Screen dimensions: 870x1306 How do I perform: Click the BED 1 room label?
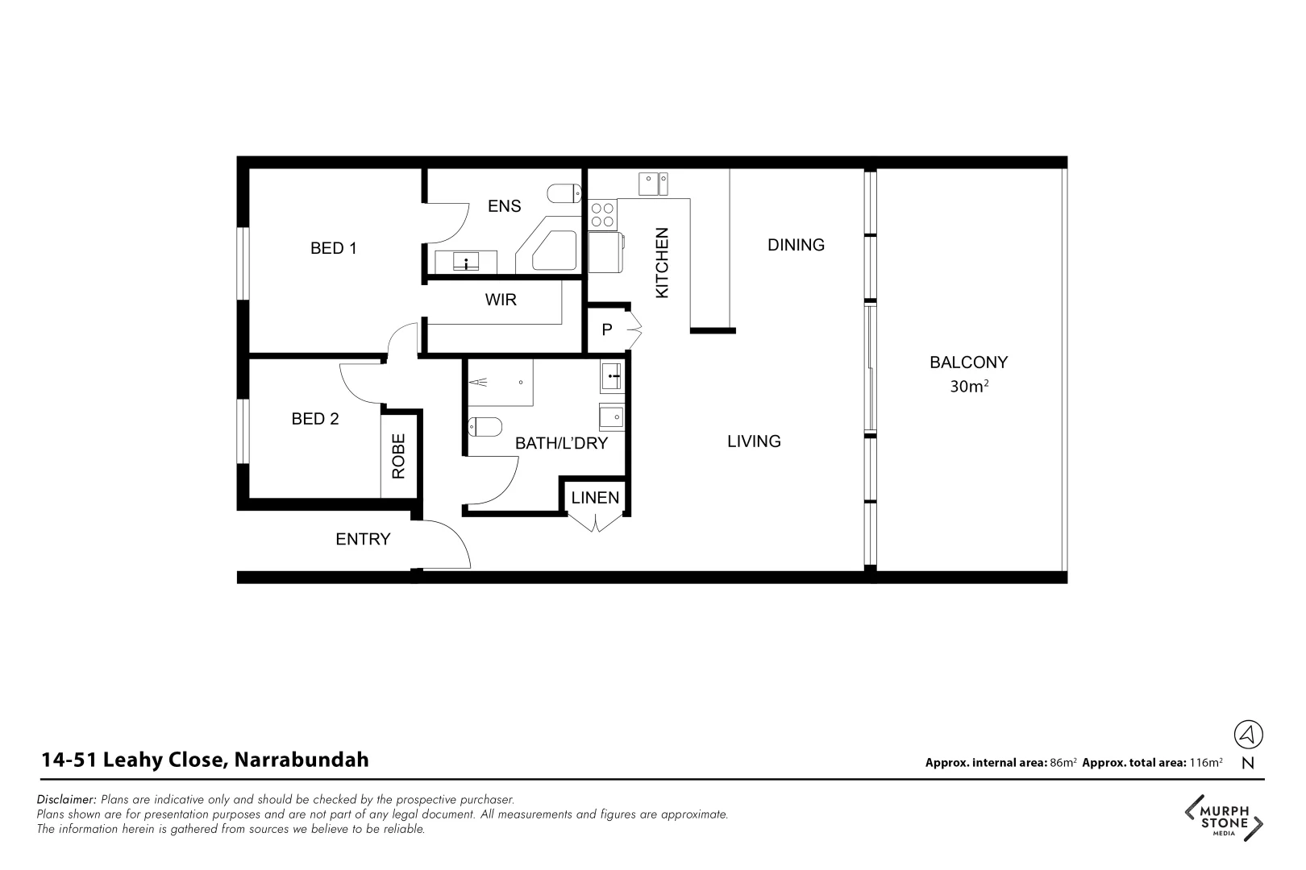[333, 248]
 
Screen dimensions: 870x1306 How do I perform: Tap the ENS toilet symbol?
[564, 194]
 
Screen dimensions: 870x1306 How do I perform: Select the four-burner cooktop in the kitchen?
[602, 215]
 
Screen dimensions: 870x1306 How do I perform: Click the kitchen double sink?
[653, 184]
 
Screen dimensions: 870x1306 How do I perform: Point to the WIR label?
[500, 300]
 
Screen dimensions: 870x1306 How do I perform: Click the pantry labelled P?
[607, 329]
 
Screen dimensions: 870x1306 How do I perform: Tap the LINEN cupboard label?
[595, 498]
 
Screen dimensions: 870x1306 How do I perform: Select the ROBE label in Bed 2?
[398, 456]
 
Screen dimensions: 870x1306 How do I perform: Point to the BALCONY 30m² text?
[968, 374]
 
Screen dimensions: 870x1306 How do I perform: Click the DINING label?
[796, 245]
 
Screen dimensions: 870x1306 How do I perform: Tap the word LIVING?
[754, 441]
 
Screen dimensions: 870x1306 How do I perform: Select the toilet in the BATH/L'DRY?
[485, 426]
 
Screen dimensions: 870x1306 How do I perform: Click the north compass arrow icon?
[1248, 734]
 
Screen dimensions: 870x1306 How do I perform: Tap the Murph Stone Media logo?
[1223, 817]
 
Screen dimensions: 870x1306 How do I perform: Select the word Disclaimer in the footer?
[67, 800]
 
